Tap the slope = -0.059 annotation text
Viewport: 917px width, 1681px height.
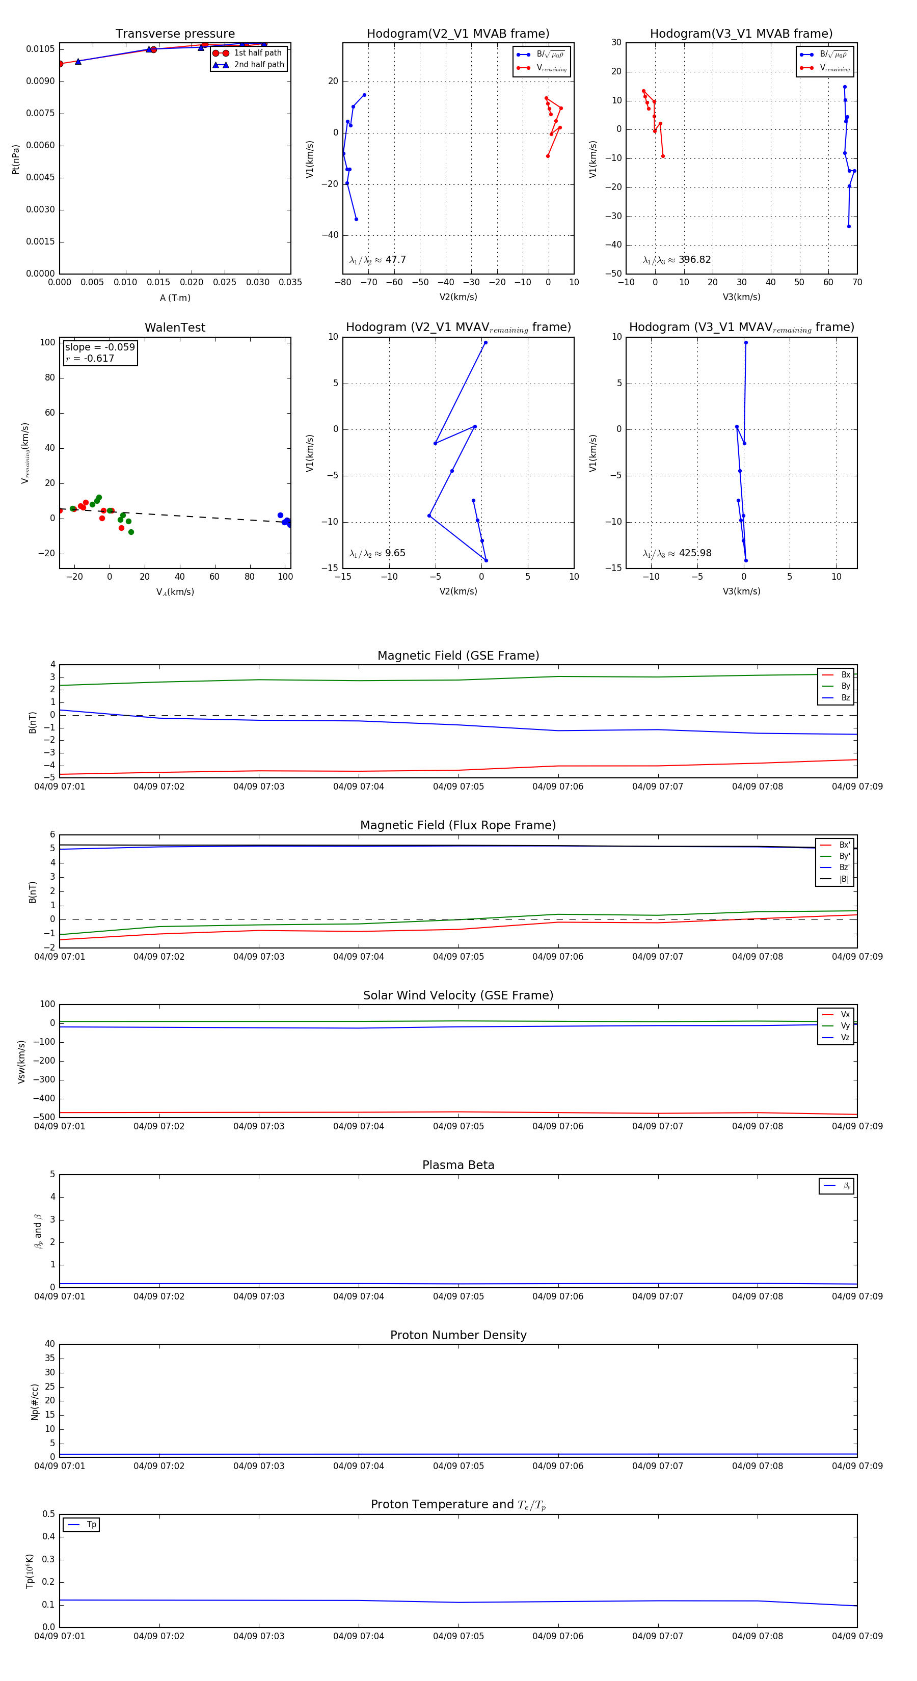coord(100,347)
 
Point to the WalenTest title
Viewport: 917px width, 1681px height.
coord(175,328)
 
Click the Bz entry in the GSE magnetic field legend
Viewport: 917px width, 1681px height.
coord(845,697)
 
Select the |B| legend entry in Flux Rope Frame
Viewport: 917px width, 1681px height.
coord(843,879)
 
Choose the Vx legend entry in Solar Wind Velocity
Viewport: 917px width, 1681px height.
coord(845,1015)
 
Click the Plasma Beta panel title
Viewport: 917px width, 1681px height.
coord(458,1165)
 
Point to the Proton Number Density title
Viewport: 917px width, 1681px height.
coord(458,1335)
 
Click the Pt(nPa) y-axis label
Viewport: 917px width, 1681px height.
coord(16,159)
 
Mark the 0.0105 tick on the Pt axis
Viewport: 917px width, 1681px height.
coord(40,49)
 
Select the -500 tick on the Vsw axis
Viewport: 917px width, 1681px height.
coord(44,1117)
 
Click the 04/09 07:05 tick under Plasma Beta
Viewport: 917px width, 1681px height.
coord(458,1296)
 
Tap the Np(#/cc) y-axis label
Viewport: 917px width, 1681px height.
coord(35,1402)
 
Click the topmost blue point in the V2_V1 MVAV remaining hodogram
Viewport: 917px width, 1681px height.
coord(485,343)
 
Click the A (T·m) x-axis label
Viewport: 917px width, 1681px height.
coord(175,298)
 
